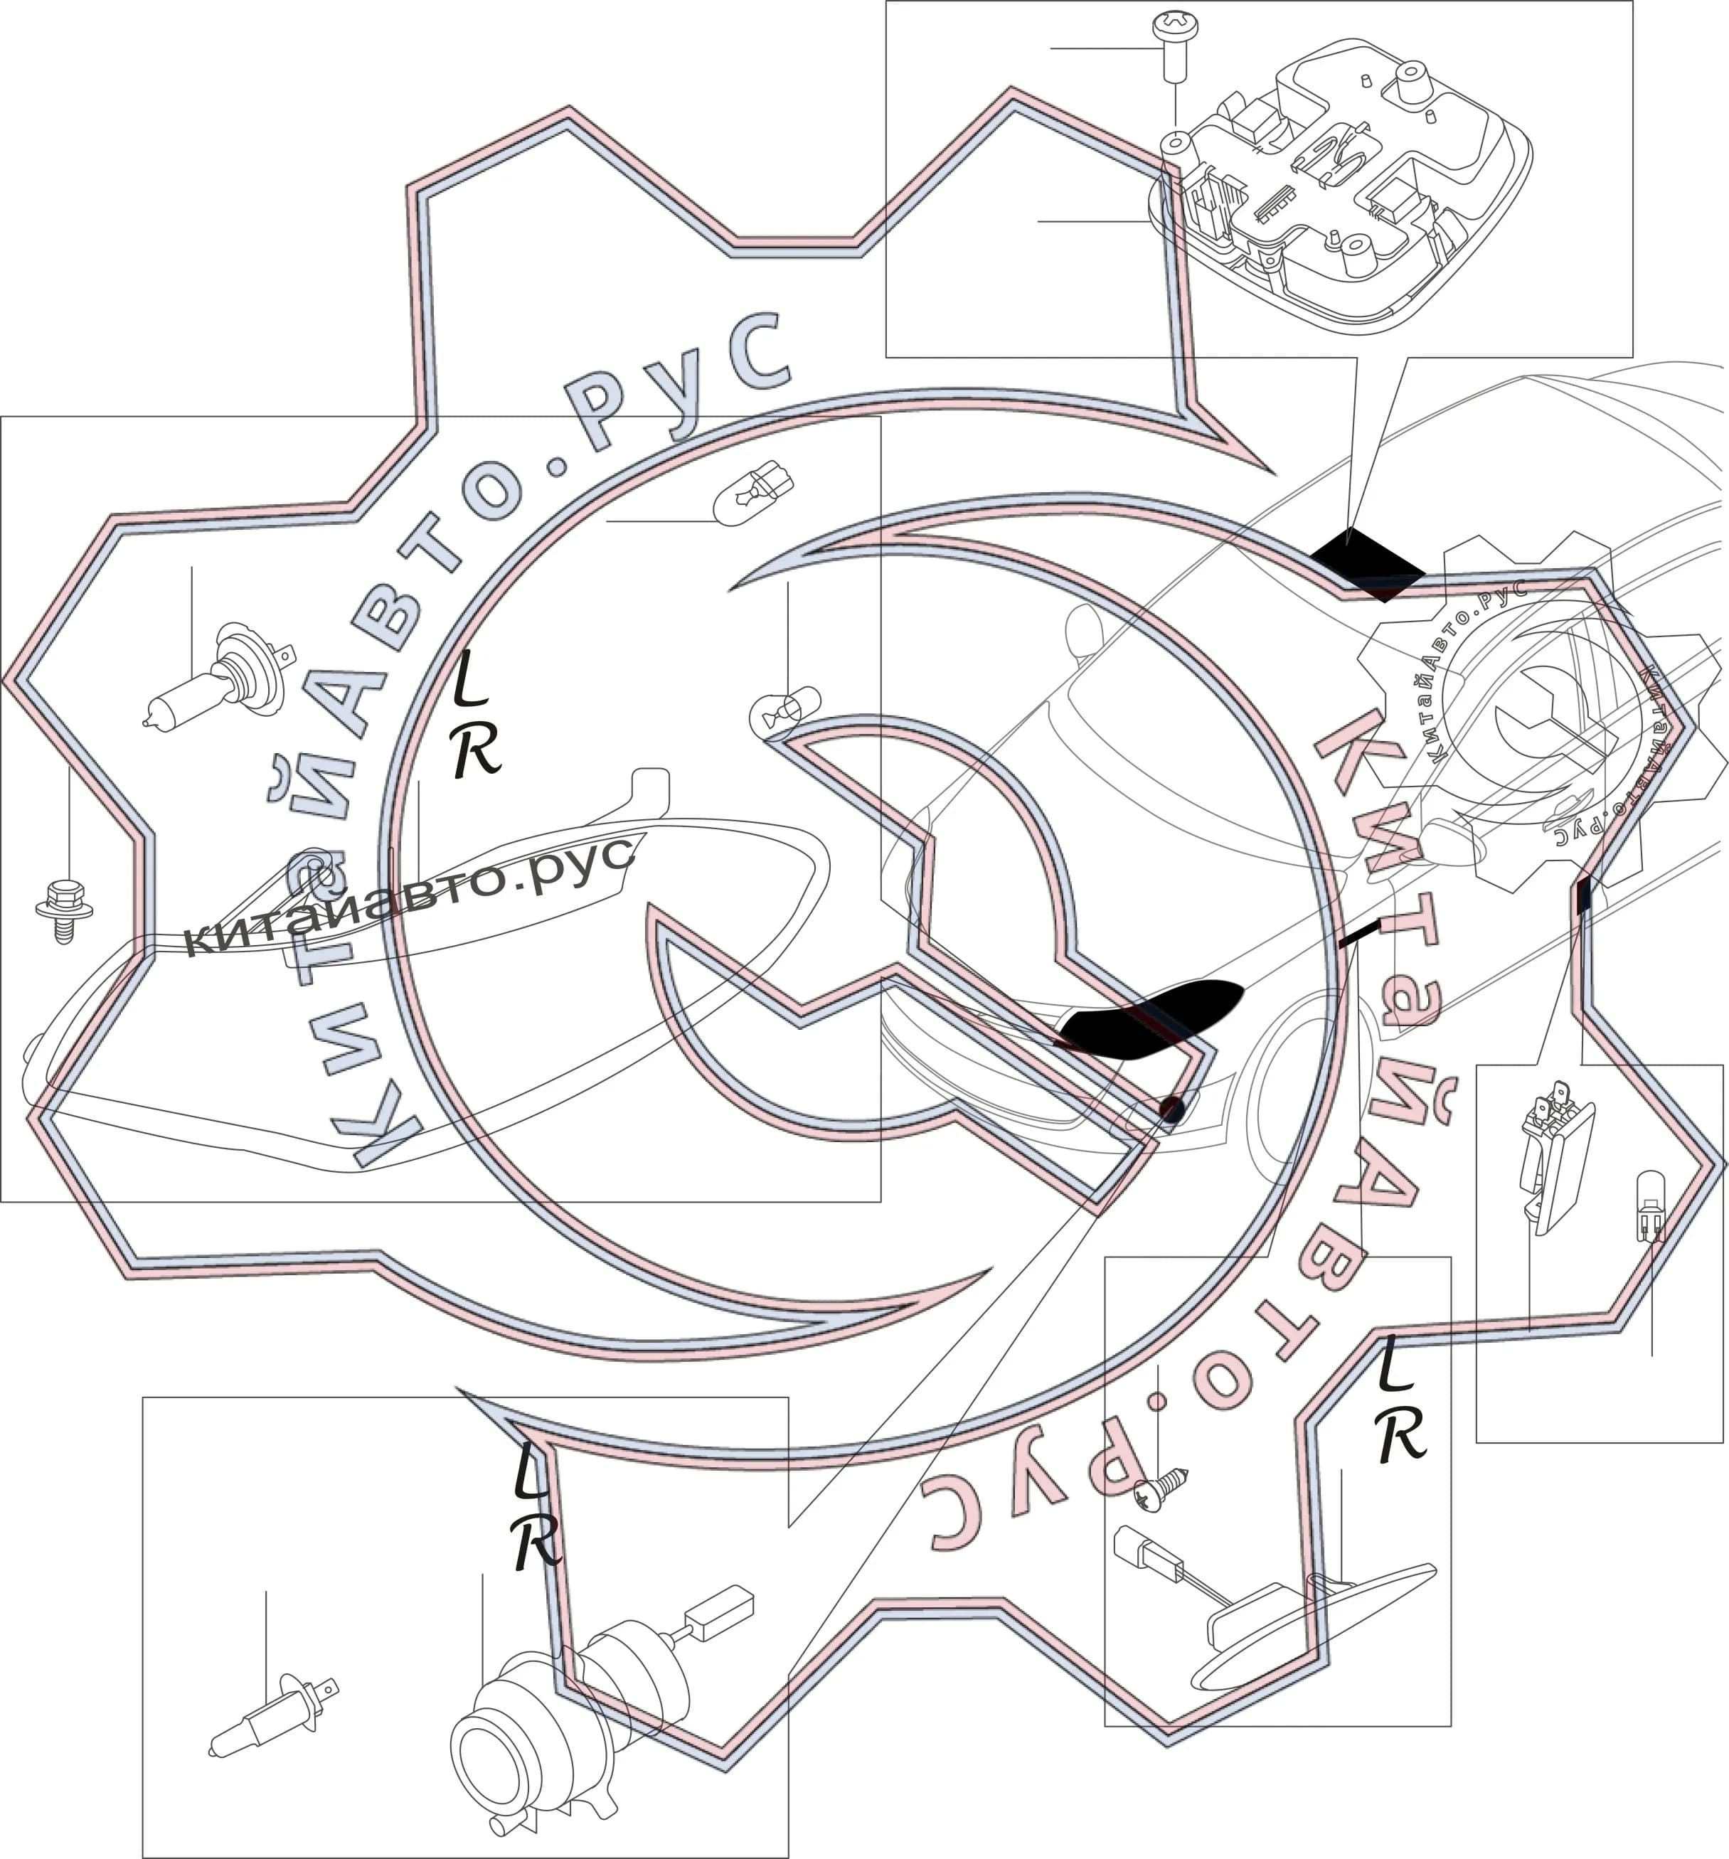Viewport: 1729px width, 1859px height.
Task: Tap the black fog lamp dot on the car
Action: pyautogui.click(x=1171, y=1109)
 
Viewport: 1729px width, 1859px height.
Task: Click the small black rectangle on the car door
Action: pyautogui.click(x=1583, y=895)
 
